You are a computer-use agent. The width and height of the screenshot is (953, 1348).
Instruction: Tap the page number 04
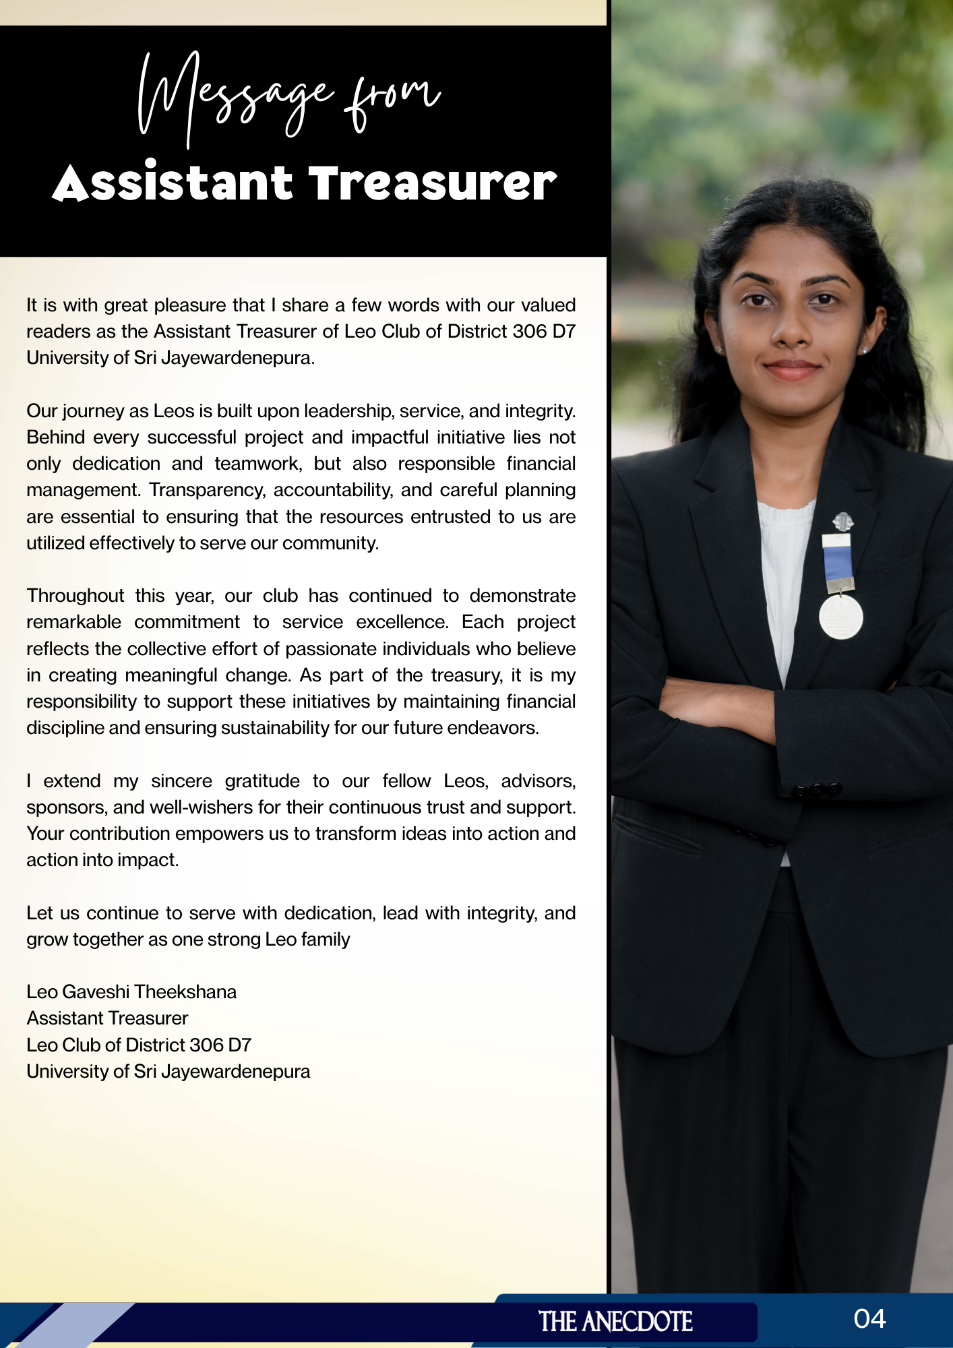869,1319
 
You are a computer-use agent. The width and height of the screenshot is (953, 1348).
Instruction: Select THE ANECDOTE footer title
615,1322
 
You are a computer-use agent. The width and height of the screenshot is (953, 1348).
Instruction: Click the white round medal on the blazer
840,616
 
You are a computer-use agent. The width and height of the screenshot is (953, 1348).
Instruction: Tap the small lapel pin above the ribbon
842,521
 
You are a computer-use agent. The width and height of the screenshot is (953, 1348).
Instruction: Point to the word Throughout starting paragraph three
75,596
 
